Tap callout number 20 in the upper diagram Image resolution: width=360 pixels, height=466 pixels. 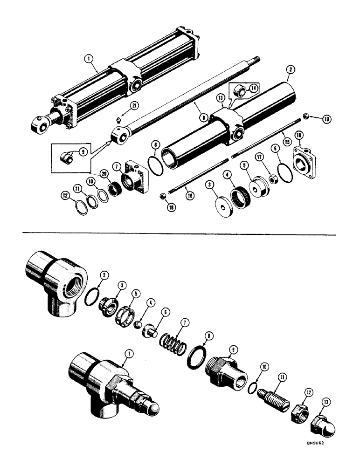click(x=106, y=173)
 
